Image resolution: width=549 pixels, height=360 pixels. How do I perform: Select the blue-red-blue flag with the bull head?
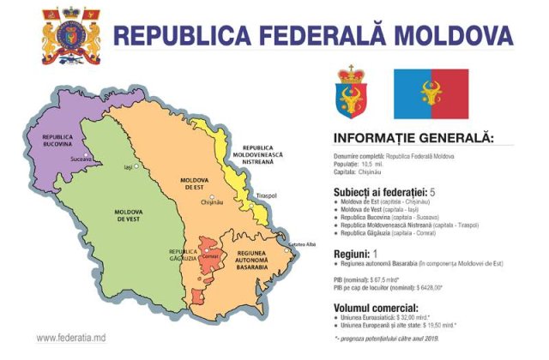pyautogui.click(x=431, y=93)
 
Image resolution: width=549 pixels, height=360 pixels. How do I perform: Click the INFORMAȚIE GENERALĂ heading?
pyautogui.click(x=413, y=137)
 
